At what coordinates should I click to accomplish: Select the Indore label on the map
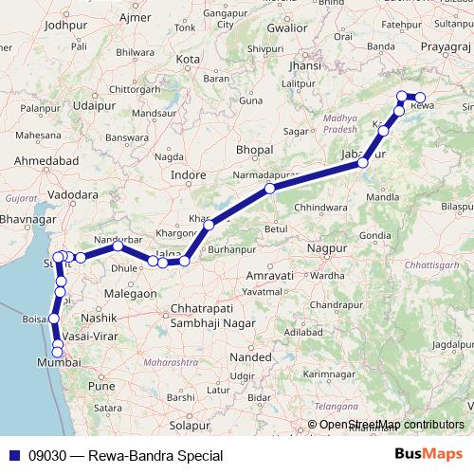[189, 174]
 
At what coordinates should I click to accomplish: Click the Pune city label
[100, 386]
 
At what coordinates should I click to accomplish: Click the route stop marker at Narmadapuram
[270, 189]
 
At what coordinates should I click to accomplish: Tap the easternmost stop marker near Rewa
[421, 98]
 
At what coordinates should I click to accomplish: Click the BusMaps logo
[428, 455]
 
